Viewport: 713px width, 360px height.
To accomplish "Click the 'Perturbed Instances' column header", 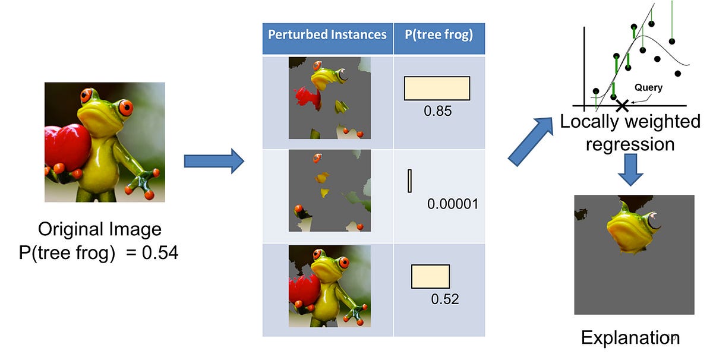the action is click(x=327, y=34).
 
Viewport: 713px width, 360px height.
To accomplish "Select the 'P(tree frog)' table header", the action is click(x=439, y=34).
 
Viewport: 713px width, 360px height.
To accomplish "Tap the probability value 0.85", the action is click(x=438, y=110).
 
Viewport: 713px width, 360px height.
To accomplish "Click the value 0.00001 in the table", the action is click(x=453, y=204).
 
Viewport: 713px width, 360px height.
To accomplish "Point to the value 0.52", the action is click(x=445, y=299).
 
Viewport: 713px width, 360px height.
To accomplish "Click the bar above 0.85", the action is click(x=437, y=88).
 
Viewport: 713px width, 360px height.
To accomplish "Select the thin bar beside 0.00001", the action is click(x=409, y=181).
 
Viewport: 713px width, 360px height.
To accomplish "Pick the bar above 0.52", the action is click(x=431, y=277).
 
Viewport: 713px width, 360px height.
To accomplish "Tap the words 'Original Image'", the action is click(x=99, y=230).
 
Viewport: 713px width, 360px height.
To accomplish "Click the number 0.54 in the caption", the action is click(x=160, y=254).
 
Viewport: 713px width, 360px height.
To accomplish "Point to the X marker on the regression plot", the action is click(x=622, y=106).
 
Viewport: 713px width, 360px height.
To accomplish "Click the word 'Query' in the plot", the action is click(x=648, y=87).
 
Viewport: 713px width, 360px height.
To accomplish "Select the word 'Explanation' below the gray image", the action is click(x=630, y=338).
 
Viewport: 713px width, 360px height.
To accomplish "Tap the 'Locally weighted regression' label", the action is click(x=630, y=133).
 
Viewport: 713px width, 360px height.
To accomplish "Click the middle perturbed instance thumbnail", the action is click(x=329, y=191).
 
